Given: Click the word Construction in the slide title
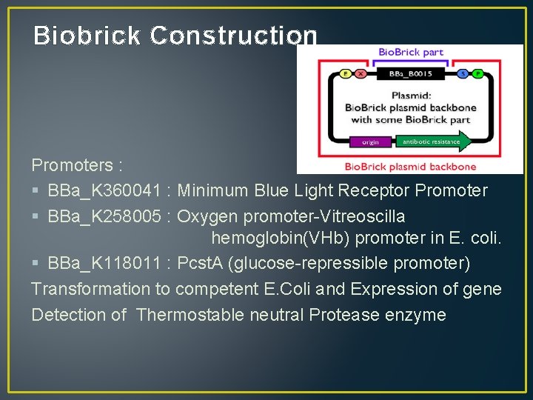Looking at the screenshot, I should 233,36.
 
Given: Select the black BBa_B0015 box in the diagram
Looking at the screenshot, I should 410,74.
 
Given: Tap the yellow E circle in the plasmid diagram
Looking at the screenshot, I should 345,74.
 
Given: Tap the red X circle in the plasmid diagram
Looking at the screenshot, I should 361,74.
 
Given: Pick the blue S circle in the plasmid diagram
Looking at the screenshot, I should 463,74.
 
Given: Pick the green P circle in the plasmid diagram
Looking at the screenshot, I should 478,74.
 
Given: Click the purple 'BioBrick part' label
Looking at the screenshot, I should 411,52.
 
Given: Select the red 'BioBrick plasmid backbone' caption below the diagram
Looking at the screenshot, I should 411,166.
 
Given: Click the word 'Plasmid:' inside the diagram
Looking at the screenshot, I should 411,96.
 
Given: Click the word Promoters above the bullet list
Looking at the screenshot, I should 73,164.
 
